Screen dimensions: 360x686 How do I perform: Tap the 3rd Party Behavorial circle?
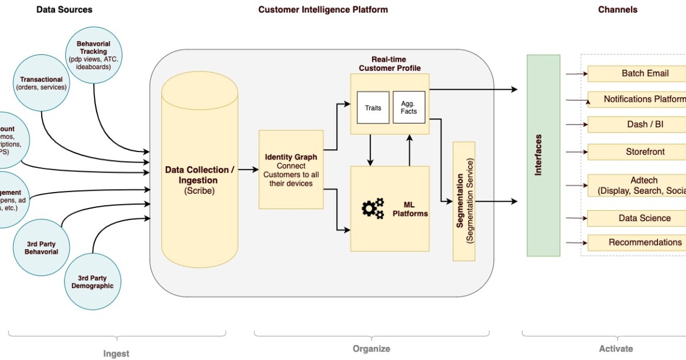(x=41, y=248)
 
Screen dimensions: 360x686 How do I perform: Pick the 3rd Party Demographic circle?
(x=92, y=282)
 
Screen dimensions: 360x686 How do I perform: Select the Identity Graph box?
(x=291, y=169)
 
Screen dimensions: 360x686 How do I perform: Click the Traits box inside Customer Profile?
(x=373, y=107)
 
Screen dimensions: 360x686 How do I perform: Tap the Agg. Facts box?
(x=409, y=107)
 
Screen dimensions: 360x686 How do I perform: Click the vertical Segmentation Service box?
(x=464, y=201)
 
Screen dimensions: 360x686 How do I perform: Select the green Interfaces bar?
(x=543, y=155)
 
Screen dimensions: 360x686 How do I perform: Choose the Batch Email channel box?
(x=637, y=74)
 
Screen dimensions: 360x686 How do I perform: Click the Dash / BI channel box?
(x=637, y=125)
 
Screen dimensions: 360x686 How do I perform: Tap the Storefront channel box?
(x=637, y=152)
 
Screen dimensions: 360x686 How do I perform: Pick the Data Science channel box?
(x=637, y=218)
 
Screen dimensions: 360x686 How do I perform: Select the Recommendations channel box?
(x=637, y=242)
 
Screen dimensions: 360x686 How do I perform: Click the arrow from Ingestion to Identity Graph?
(x=248, y=169)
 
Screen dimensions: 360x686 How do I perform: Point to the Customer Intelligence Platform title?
(x=323, y=10)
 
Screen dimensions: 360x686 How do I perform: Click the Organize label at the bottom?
(x=372, y=349)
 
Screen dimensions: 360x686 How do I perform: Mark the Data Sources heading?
(x=64, y=10)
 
